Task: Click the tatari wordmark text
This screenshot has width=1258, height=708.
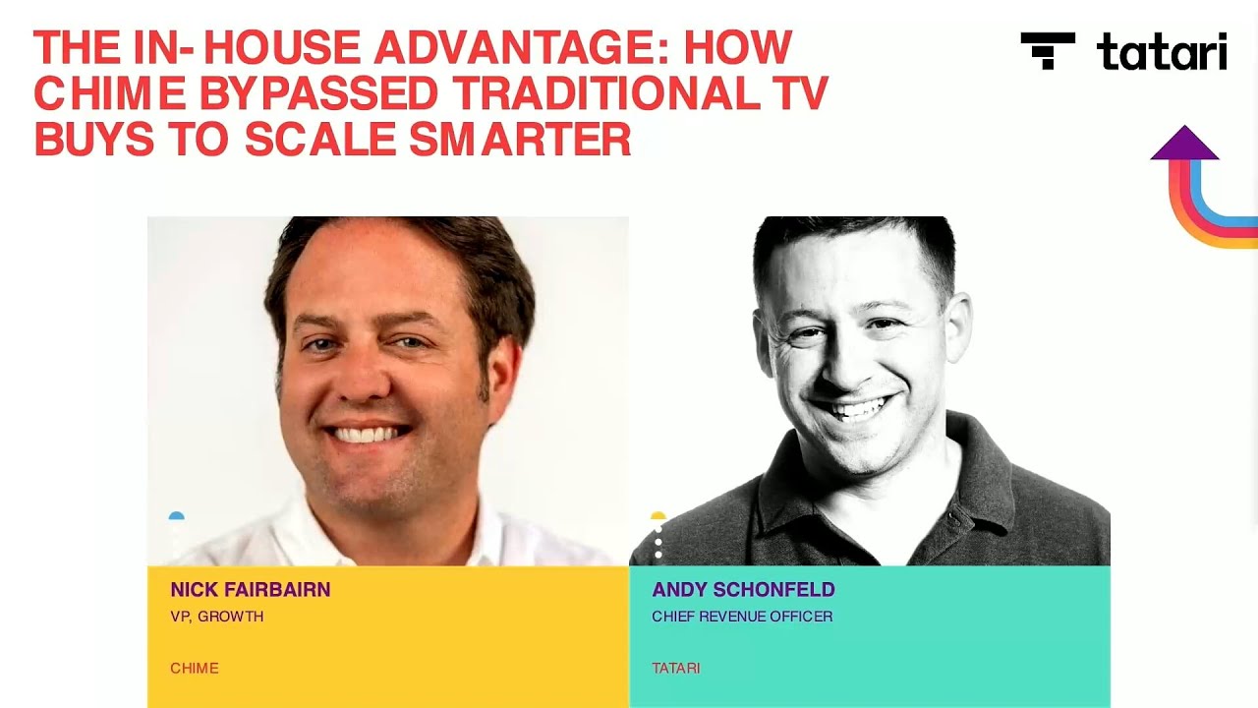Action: (1162, 51)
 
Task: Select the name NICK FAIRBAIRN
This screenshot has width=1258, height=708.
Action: (250, 590)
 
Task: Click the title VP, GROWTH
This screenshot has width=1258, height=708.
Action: (216, 617)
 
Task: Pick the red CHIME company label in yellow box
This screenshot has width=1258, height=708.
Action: (194, 669)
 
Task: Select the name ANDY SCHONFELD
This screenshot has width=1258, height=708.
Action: (743, 590)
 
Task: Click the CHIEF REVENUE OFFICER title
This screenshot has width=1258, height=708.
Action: (741, 617)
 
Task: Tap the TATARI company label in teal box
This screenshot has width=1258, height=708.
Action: (675, 669)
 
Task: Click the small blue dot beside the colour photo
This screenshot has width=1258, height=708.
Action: (176, 515)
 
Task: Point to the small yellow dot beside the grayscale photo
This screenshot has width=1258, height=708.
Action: (658, 515)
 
